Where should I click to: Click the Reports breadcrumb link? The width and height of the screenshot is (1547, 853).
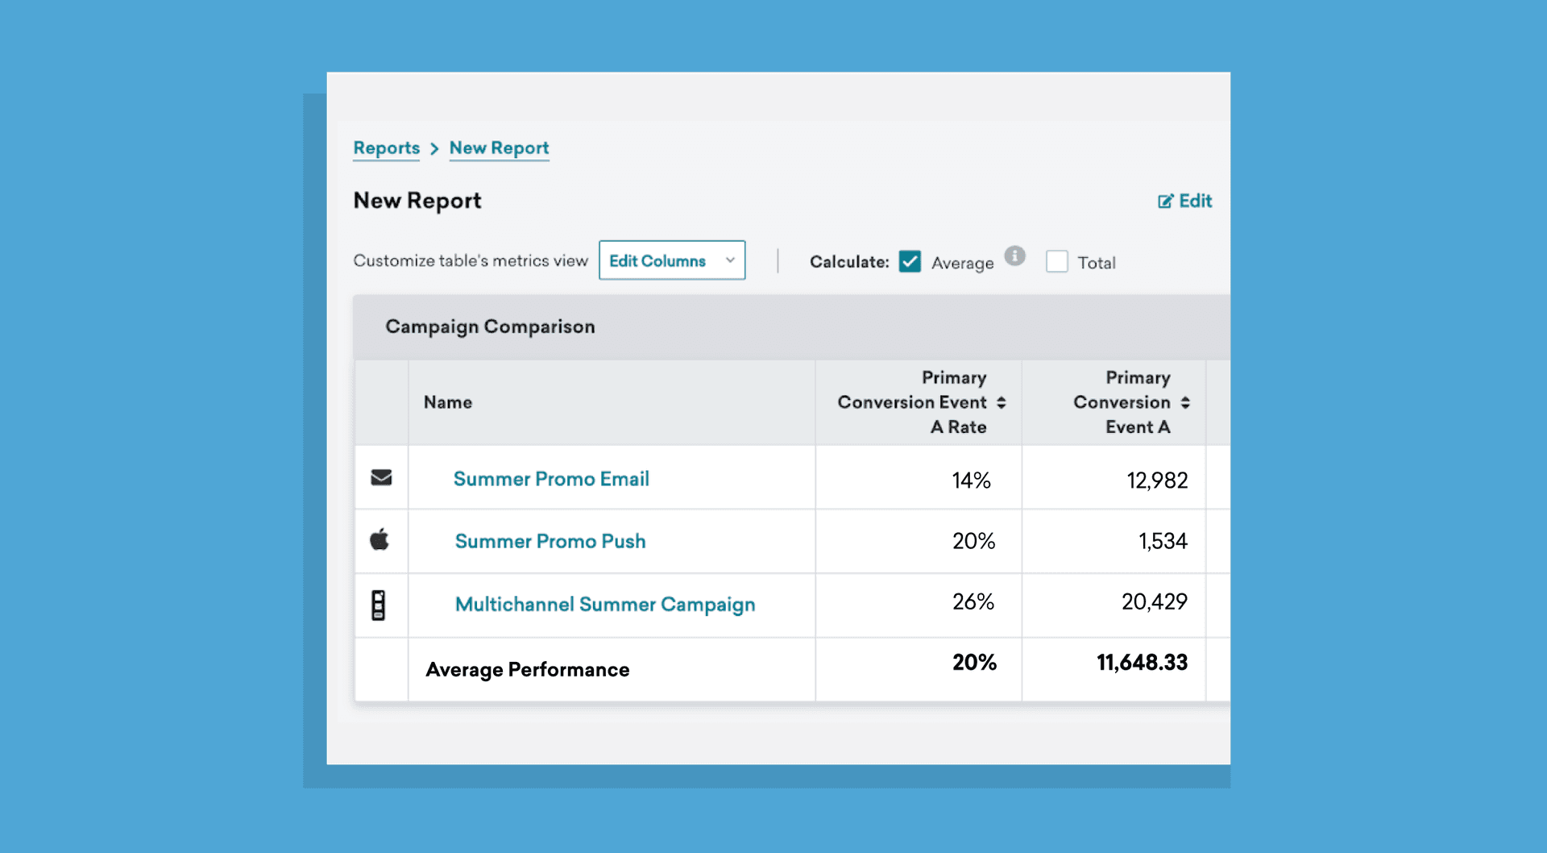[386, 148]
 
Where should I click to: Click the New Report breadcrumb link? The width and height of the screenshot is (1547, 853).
[499, 148]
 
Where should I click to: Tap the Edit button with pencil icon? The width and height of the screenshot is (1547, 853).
[1184, 201]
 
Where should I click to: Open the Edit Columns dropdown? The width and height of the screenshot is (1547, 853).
[671, 260]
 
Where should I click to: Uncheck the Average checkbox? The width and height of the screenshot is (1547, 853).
[910, 262]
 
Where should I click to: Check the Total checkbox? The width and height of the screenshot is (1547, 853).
[1056, 262]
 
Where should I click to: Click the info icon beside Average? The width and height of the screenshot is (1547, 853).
[1014, 256]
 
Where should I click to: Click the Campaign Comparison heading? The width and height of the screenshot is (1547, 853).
[490, 327]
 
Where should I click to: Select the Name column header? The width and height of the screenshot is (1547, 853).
[448, 402]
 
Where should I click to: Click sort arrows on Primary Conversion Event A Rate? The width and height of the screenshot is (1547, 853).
[1001, 402]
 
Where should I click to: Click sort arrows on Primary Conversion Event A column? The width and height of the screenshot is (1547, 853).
[1185, 402]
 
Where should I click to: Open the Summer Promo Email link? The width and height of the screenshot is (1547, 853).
[551, 479]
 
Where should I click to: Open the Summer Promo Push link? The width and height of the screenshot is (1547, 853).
[550, 541]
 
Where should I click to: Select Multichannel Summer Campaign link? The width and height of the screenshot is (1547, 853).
[605, 605]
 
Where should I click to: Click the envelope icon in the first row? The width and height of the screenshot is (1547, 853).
[381, 478]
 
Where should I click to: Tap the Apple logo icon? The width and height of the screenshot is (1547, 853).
[379, 539]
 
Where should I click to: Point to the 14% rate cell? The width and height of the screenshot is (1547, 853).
[971, 481]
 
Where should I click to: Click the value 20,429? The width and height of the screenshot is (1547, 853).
[1154, 601]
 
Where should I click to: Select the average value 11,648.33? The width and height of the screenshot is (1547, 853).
[1142, 663]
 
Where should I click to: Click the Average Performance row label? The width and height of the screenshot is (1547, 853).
[528, 670]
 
